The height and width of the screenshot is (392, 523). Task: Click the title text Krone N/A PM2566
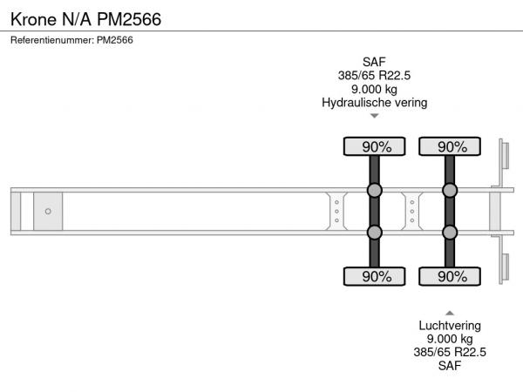pos(85,19)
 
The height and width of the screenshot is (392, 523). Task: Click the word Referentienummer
pos(52,40)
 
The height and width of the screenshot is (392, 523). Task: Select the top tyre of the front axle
pos(374,146)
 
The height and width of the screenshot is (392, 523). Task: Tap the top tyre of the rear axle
pos(450,146)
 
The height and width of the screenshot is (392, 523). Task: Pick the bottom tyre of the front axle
pos(374,276)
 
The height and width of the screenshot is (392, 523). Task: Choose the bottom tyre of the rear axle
pos(450,276)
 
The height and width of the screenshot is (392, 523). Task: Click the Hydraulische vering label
pos(374,103)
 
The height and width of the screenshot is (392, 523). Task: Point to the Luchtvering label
pos(450,326)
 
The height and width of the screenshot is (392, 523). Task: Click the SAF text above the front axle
pos(374,62)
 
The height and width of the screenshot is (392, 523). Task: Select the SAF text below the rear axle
pos(450,366)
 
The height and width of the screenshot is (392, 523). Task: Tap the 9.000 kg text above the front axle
pos(374,89)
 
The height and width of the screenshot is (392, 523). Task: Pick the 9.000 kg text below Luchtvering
pos(450,339)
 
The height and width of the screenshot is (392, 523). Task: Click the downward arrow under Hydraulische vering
pos(375,116)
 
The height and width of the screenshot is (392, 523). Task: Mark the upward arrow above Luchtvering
pos(450,313)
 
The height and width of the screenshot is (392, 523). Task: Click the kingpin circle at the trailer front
pos(48,212)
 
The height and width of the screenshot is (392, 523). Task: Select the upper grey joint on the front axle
pos(374,190)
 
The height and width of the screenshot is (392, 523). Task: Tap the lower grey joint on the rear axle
pos(450,233)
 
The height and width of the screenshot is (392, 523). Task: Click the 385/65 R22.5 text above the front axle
pos(374,76)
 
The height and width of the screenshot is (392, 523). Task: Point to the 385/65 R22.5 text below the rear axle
pos(450,352)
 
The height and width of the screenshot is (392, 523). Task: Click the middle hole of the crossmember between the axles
pos(412,212)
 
